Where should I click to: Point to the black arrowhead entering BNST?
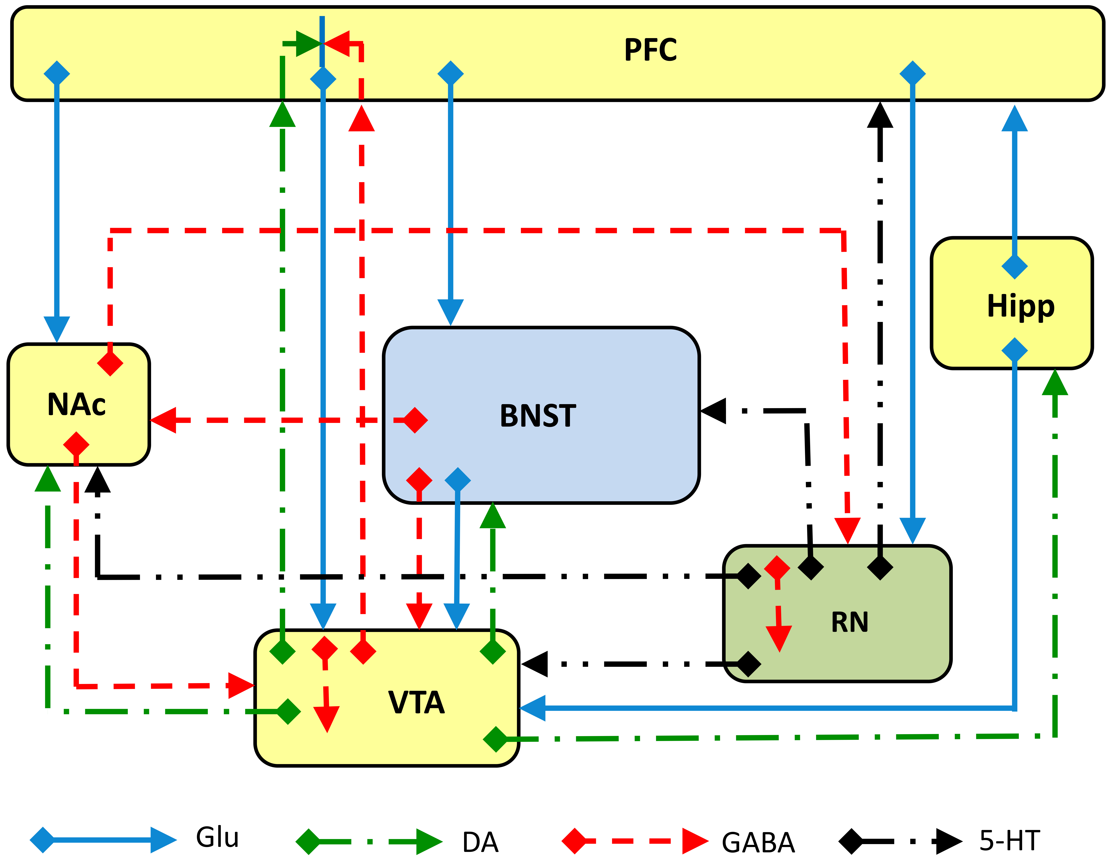(714, 411)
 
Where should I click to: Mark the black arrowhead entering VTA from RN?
(535, 664)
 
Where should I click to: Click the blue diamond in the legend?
(42, 840)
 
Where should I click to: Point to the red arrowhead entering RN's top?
(847, 530)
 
